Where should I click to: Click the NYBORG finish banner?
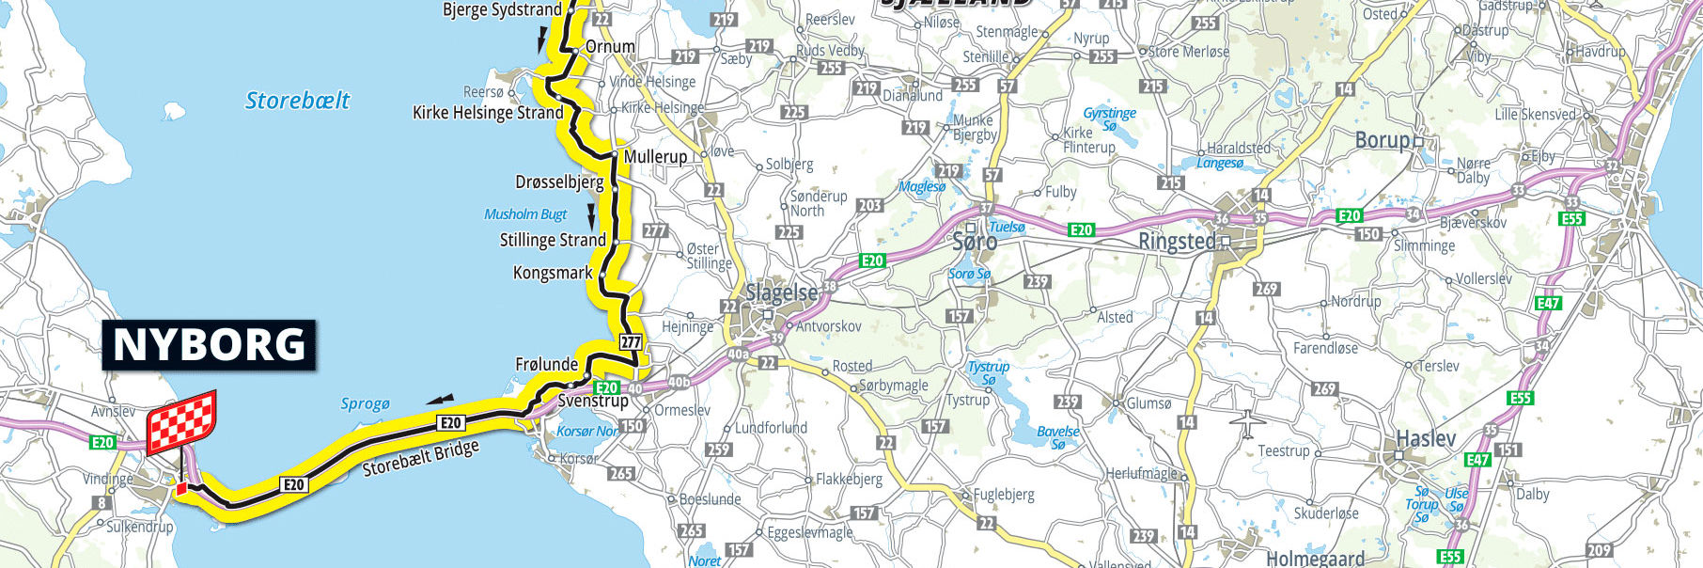[x=209, y=345]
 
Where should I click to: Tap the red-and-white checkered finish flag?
[x=182, y=420]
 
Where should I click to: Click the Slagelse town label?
[x=782, y=293]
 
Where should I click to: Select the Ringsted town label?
[x=1177, y=241]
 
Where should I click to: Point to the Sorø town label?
[x=975, y=242]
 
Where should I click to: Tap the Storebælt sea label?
[x=297, y=101]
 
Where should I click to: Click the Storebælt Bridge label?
[x=421, y=459]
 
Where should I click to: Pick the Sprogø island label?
[x=365, y=404]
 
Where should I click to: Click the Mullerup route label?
[x=656, y=156]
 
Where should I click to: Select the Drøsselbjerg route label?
[x=559, y=181]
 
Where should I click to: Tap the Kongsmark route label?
[x=553, y=273]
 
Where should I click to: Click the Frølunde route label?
[x=546, y=364]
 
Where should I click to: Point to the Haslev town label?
[x=1426, y=438]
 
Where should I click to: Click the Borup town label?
[x=1383, y=141]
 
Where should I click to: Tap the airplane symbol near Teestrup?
[x=1246, y=423]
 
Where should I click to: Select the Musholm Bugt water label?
[x=525, y=214]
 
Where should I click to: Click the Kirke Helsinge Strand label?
[x=488, y=113]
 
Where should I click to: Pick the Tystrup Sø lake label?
[x=988, y=373]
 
